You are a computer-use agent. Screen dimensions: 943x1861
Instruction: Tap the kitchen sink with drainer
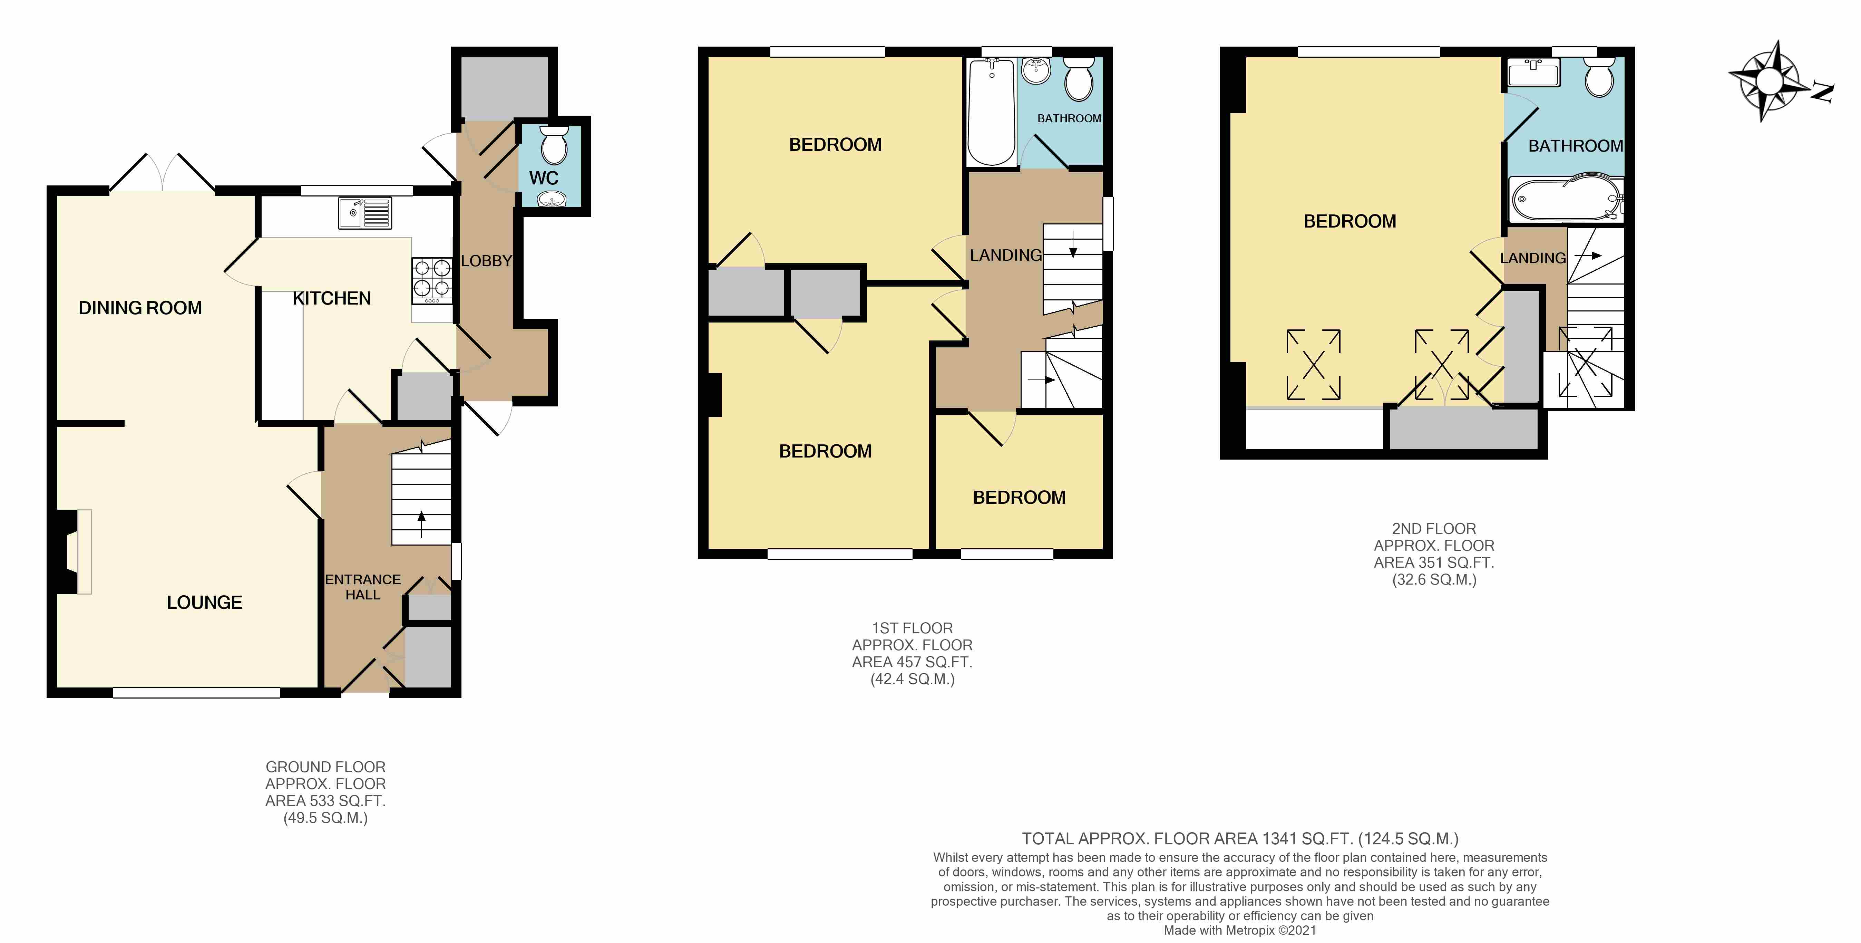pyautogui.click(x=365, y=213)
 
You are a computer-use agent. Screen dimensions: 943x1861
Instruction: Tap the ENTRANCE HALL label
pyautogui.click(x=363, y=587)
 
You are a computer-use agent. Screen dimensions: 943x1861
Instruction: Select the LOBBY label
pyautogui.click(x=486, y=261)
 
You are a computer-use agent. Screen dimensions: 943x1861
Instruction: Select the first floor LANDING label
pyautogui.click(x=1006, y=255)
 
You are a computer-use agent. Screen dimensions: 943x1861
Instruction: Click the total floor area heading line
pyautogui.click(x=1240, y=839)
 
